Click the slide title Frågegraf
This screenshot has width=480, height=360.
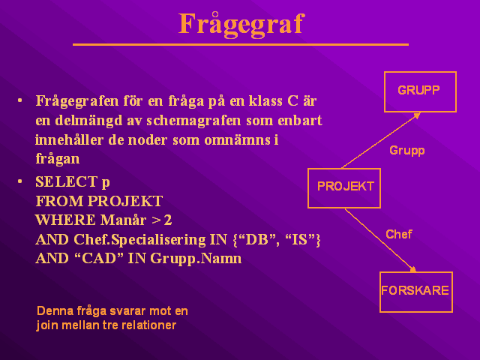241,25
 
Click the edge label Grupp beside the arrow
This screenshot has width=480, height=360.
406,151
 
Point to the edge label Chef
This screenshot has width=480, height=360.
398,234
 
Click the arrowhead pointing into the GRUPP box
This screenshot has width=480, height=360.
417,115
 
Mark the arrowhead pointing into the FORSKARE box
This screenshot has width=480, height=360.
412,269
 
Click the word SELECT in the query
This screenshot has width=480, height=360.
67,181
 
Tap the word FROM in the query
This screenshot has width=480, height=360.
60,201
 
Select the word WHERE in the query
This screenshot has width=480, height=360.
65,220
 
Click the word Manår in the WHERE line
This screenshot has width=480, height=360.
123,220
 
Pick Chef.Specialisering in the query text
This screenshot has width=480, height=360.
139,240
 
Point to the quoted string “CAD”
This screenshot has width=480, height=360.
99,258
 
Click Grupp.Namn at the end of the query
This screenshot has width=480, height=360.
196,259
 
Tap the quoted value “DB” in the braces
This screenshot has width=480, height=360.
255,239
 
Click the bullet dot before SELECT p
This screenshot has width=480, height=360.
20,181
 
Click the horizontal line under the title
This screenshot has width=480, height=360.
241,45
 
